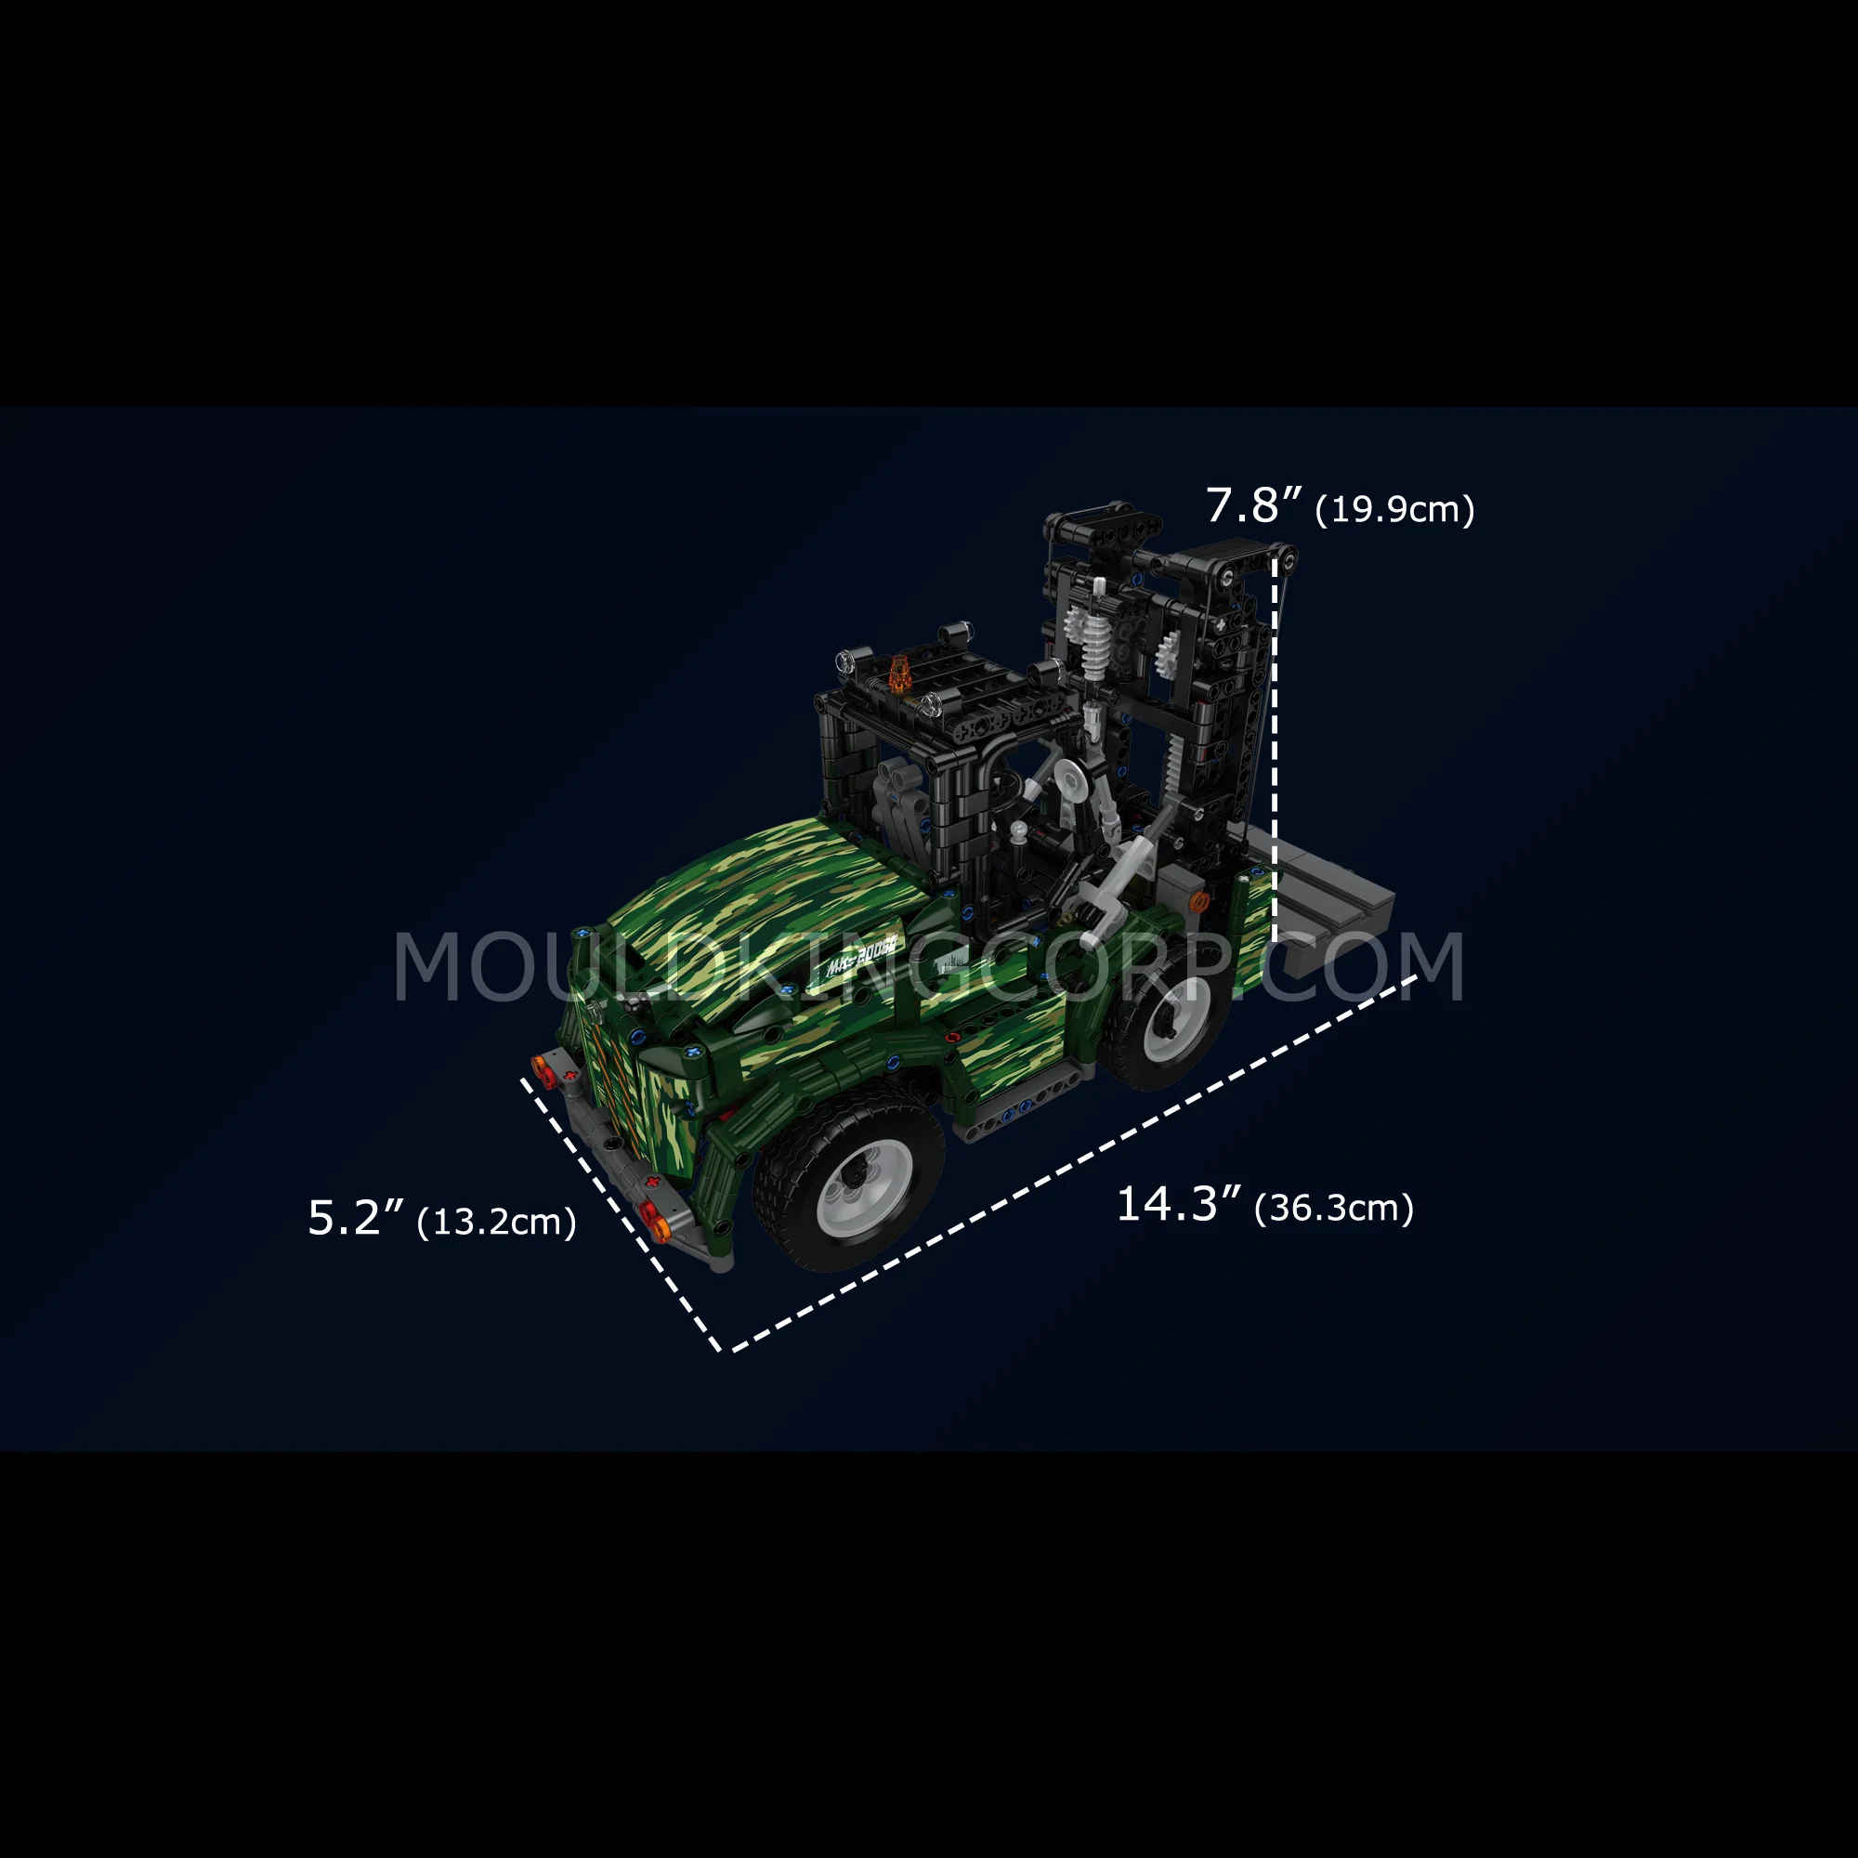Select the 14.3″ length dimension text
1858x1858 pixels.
(1179, 1205)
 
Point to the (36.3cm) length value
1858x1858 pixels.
(1334, 1208)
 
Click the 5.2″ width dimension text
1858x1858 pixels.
(357, 1219)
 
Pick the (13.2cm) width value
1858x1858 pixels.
(496, 1223)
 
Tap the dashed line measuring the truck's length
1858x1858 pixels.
(1068, 1165)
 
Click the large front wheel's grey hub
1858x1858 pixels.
(865, 1187)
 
